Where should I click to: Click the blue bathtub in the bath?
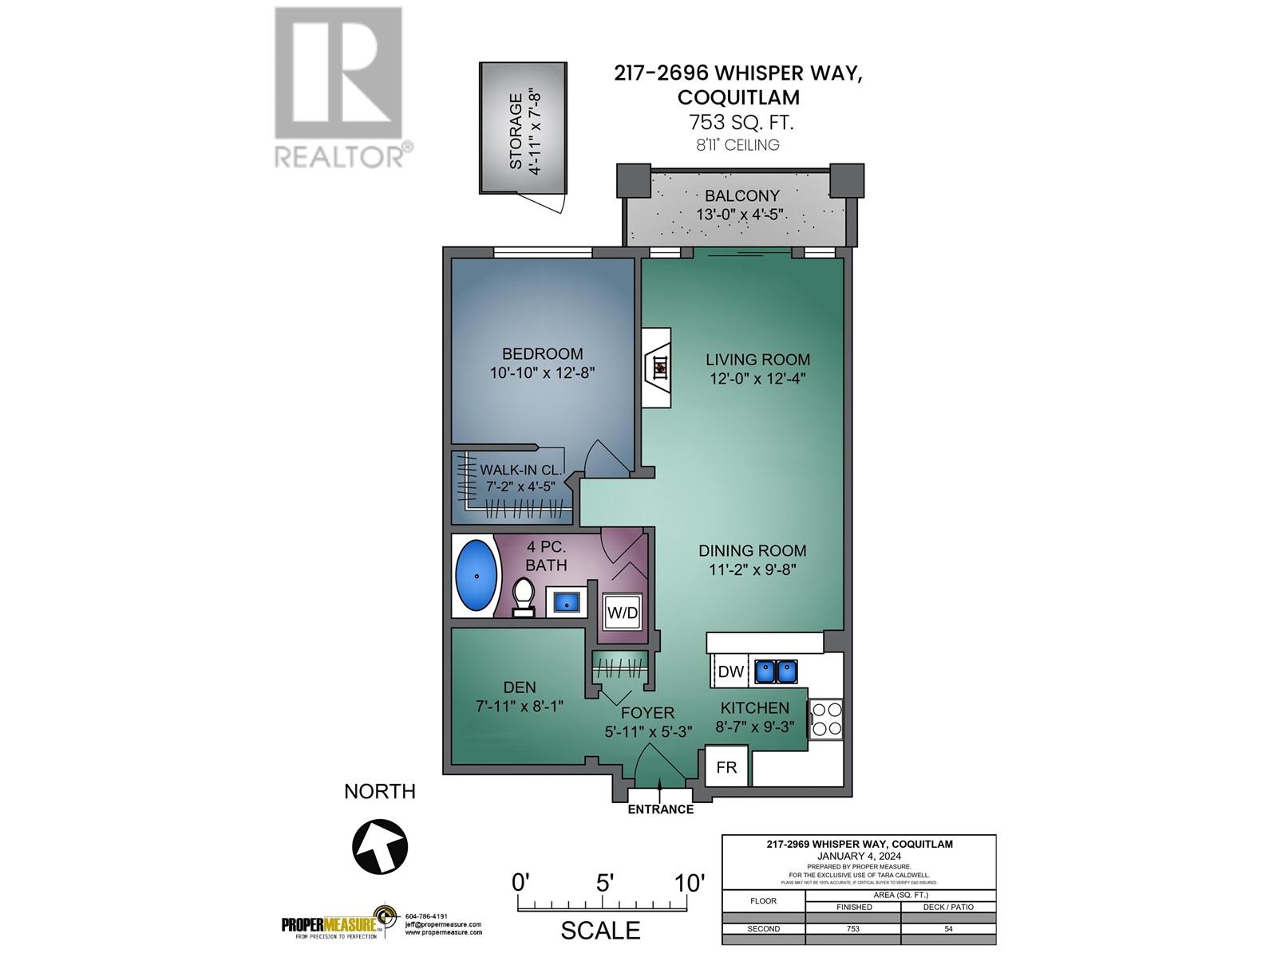476,575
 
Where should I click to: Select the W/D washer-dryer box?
623,612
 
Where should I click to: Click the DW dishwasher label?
730,671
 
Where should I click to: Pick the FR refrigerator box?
726,767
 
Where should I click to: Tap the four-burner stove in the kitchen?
825,719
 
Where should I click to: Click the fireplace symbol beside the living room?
658,368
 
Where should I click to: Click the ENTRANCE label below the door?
660,809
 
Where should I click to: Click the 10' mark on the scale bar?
689,883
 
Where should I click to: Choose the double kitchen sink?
776,671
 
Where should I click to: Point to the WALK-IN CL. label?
520,470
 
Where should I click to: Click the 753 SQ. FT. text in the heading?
734,123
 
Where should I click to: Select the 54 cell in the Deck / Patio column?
948,928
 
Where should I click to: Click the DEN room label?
520,687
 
